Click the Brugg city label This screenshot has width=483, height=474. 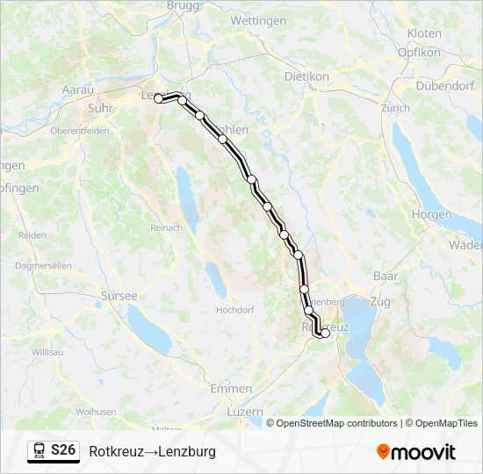click(183, 5)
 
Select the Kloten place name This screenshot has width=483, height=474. click(424, 33)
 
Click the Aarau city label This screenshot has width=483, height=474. click(77, 90)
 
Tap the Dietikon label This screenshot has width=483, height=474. click(306, 76)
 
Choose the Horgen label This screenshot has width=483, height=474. click(431, 214)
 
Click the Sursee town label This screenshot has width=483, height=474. click(119, 296)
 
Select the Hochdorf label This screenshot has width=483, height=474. click(234, 310)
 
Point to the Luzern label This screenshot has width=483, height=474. click(244, 411)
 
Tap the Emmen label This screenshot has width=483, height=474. click(231, 388)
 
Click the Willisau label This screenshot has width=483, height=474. click(47, 351)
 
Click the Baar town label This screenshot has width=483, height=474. click(386, 276)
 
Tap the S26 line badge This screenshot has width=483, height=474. click(63, 450)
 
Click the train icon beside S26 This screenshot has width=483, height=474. click(39, 451)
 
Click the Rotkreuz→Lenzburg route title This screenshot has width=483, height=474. click(152, 452)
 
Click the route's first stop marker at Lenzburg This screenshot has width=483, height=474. click(159, 99)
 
